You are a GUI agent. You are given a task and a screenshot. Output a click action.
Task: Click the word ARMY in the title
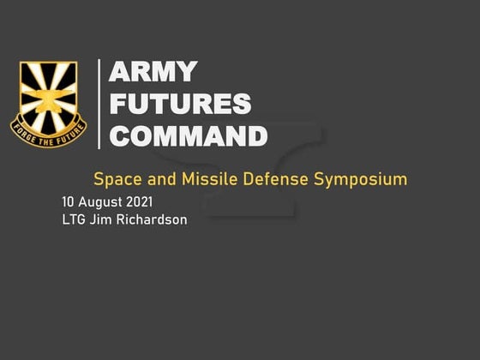(153, 73)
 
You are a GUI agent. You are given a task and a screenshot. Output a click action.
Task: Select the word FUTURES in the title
(180, 105)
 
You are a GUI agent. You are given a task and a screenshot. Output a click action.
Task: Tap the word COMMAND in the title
(189, 136)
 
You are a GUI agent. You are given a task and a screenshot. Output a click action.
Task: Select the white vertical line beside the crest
(101, 104)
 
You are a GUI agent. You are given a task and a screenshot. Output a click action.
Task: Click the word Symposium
(360, 180)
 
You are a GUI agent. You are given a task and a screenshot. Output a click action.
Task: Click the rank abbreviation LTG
(74, 219)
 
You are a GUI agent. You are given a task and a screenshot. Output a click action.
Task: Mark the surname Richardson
(151, 219)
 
